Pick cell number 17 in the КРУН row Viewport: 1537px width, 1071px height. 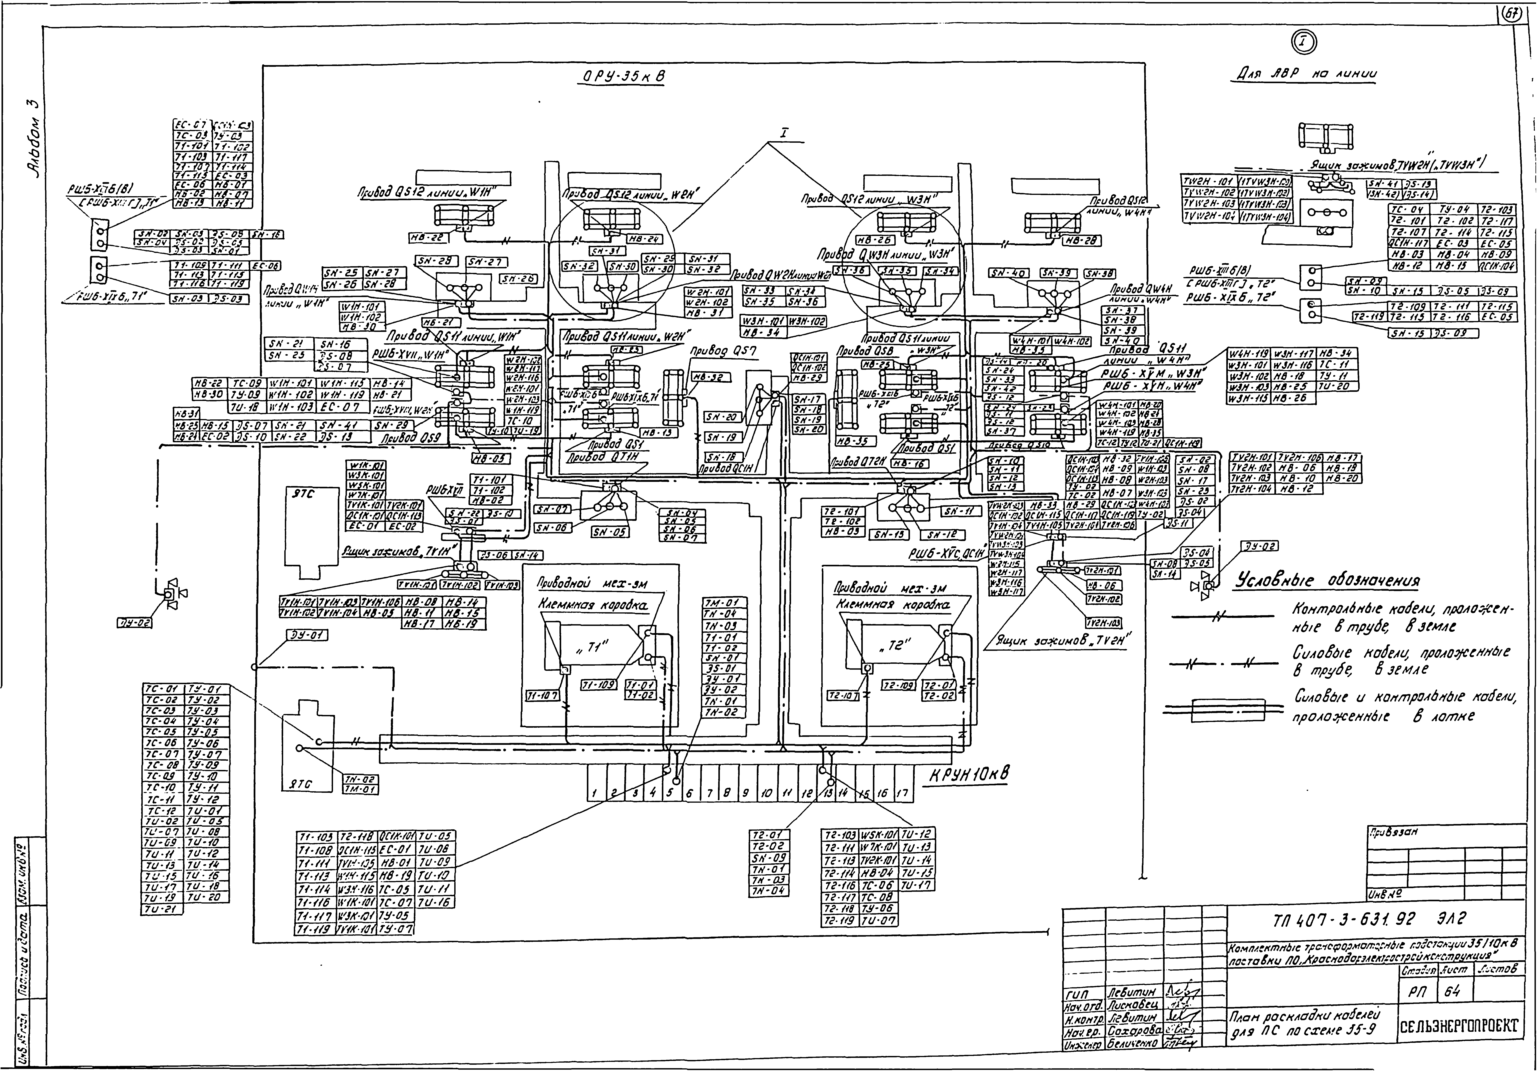tap(902, 794)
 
